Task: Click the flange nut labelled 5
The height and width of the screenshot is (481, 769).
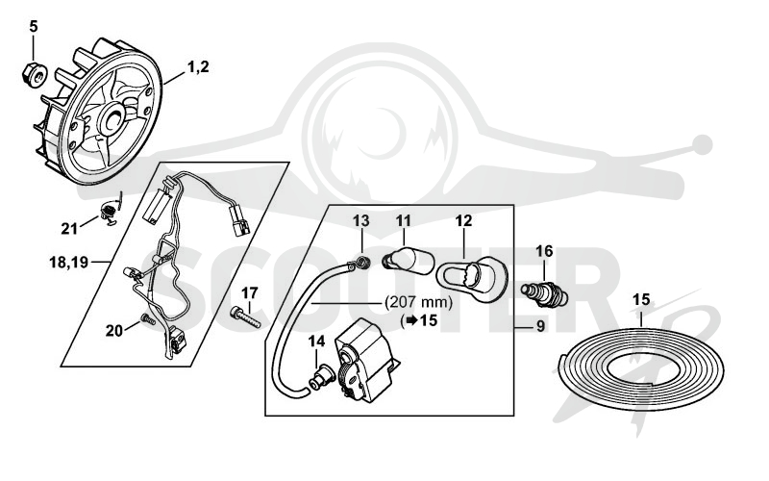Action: click(x=35, y=74)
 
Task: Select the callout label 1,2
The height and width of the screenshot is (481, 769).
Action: click(x=198, y=66)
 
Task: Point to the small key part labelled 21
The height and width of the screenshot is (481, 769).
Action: click(x=109, y=215)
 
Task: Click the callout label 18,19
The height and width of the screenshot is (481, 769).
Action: click(x=68, y=262)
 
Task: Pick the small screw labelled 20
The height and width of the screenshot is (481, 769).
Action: click(x=148, y=319)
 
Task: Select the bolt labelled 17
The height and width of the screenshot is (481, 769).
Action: click(x=245, y=316)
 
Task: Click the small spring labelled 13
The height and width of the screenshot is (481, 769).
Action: click(x=363, y=262)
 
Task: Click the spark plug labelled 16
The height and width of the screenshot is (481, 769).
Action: click(x=544, y=292)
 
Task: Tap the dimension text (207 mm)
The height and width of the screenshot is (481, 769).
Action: click(x=419, y=302)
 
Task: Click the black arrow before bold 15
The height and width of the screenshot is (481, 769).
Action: click(x=411, y=320)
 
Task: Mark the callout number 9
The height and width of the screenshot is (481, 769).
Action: click(x=540, y=326)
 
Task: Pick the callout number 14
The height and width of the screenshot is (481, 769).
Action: click(x=317, y=342)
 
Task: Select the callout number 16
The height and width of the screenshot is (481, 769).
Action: click(x=544, y=251)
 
